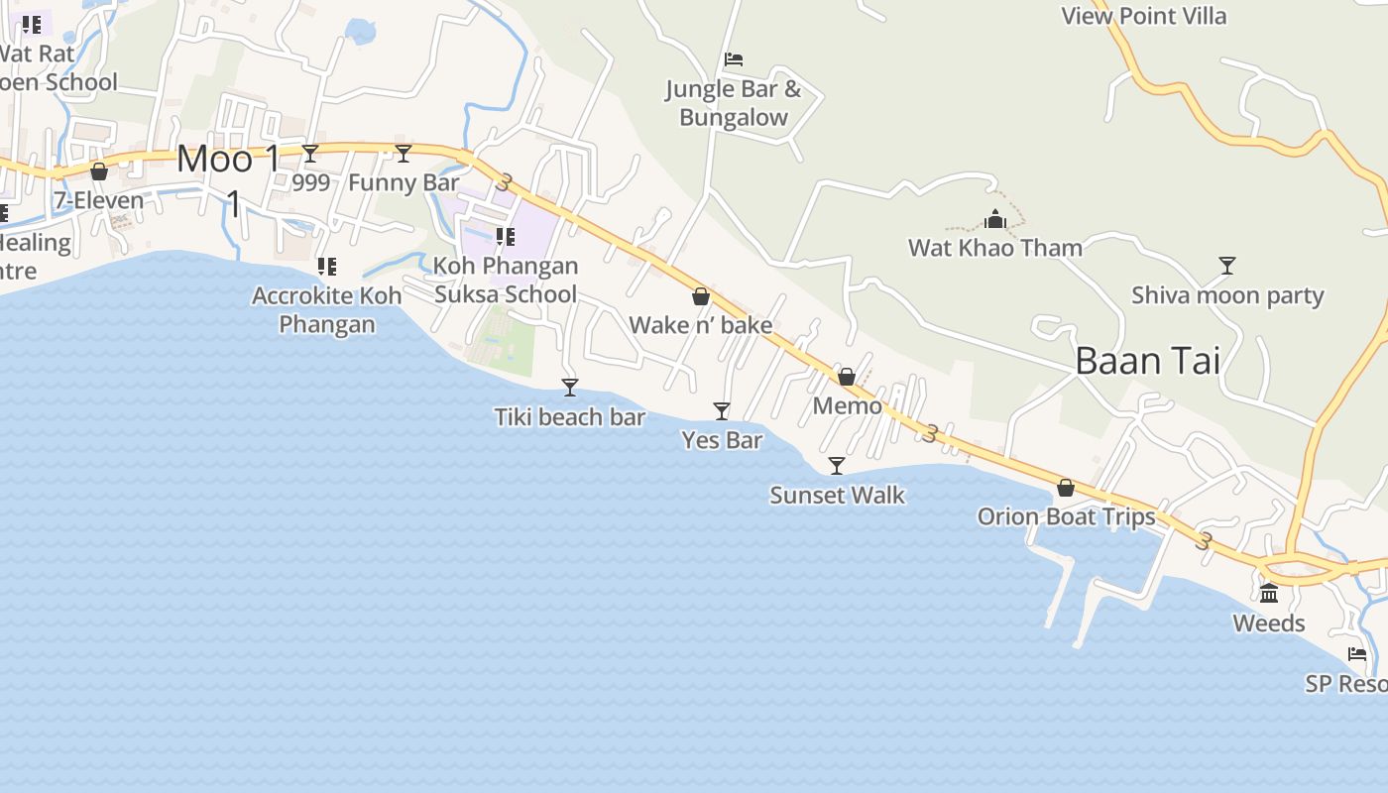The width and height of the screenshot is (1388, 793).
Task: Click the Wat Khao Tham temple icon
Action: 995,219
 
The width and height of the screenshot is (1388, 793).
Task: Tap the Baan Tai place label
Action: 1147,361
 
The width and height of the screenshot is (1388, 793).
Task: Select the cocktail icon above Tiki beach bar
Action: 570,387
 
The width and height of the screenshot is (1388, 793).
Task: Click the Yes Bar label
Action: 722,440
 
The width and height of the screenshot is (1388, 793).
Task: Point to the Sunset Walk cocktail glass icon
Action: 837,465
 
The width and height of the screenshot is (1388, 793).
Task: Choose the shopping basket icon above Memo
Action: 847,377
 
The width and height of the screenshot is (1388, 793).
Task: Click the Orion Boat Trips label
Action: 1066,516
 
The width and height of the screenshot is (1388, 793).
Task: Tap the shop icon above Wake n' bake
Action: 701,296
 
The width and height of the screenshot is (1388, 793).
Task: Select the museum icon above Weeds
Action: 1269,593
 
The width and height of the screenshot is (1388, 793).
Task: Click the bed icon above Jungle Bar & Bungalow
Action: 734,59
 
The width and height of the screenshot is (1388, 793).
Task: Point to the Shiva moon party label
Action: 1227,295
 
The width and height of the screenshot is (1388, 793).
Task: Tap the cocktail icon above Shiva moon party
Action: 1227,265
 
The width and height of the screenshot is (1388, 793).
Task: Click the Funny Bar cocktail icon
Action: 404,153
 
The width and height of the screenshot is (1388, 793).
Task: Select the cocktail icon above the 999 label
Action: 310,153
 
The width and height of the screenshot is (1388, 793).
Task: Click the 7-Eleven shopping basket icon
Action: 99,171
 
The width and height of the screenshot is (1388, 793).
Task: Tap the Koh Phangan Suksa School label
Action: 506,280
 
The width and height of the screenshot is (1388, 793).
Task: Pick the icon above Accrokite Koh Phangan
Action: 326,266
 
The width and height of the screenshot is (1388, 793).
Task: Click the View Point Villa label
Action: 1143,16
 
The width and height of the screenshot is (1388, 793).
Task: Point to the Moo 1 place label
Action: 228,159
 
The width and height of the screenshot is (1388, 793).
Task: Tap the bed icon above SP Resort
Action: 1357,654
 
